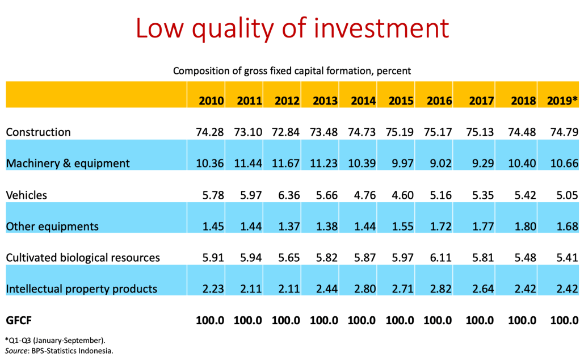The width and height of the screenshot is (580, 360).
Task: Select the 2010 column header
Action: [x=211, y=101]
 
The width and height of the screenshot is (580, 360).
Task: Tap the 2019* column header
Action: [x=562, y=101]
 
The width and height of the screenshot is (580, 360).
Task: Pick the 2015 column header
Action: [x=401, y=101]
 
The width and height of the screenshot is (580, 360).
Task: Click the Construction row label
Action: [x=38, y=132]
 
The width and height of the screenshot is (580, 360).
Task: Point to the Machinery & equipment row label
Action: [x=68, y=164]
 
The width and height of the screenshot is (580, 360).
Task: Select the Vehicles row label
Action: [x=26, y=195]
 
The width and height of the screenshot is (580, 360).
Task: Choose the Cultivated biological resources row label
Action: [x=83, y=258]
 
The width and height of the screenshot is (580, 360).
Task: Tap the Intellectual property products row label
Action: [x=81, y=289]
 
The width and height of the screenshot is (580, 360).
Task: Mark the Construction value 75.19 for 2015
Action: [x=401, y=132]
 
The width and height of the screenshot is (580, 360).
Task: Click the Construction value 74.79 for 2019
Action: [x=564, y=132]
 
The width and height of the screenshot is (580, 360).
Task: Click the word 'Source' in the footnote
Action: [x=16, y=351]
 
